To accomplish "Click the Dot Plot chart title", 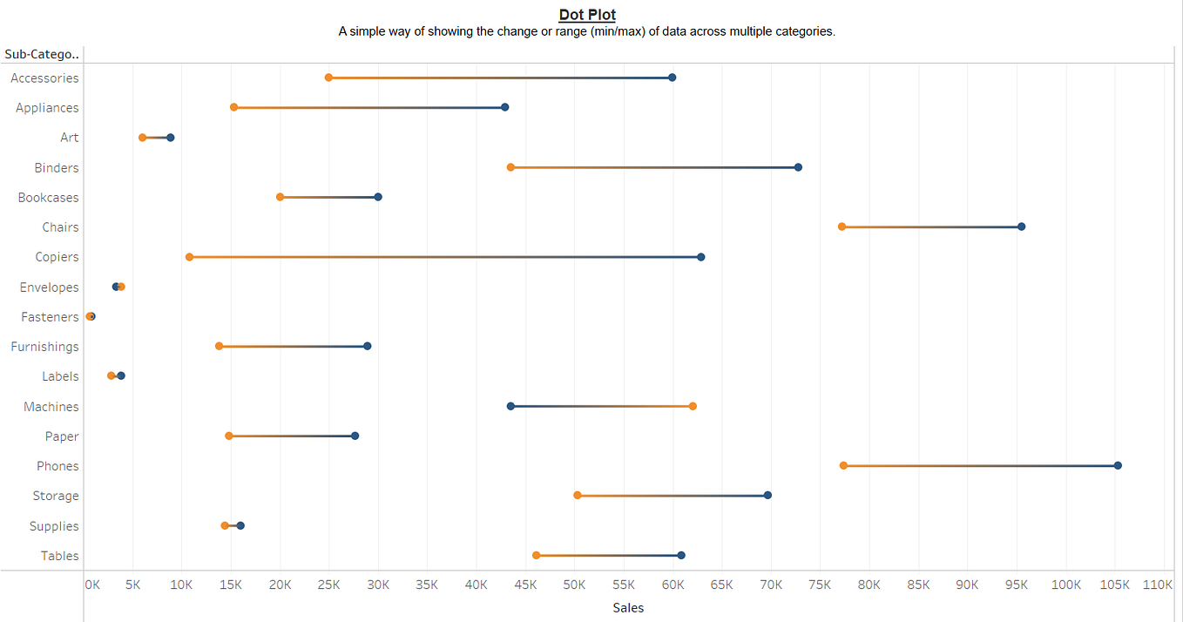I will click(x=587, y=14).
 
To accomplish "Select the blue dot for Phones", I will click(x=1118, y=465).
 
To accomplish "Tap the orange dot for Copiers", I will click(x=189, y=257).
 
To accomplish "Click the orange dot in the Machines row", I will click(x=693, y=406).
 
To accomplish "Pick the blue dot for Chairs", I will click(x=1021, y=226).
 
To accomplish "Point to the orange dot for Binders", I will click(x=510, y=167).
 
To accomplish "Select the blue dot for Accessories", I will click(x=672, y=78).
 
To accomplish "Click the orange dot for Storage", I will click(x=578, y=495).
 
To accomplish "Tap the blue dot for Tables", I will click(x=681, y=555).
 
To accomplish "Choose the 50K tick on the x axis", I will click(x=574, y=585).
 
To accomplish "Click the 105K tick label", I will click(x=1114, y=585).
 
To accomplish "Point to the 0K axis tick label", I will click(x=92, y=585).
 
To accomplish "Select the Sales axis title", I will click(x=628, y=608).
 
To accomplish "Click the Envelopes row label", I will click(x=49, y=287).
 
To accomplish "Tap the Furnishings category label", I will click(x=44, y=347).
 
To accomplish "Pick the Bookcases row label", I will click(x=48, y=198).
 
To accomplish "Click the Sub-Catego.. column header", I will click(x=42, y=54).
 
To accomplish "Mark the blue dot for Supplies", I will click(x=240, y=525).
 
